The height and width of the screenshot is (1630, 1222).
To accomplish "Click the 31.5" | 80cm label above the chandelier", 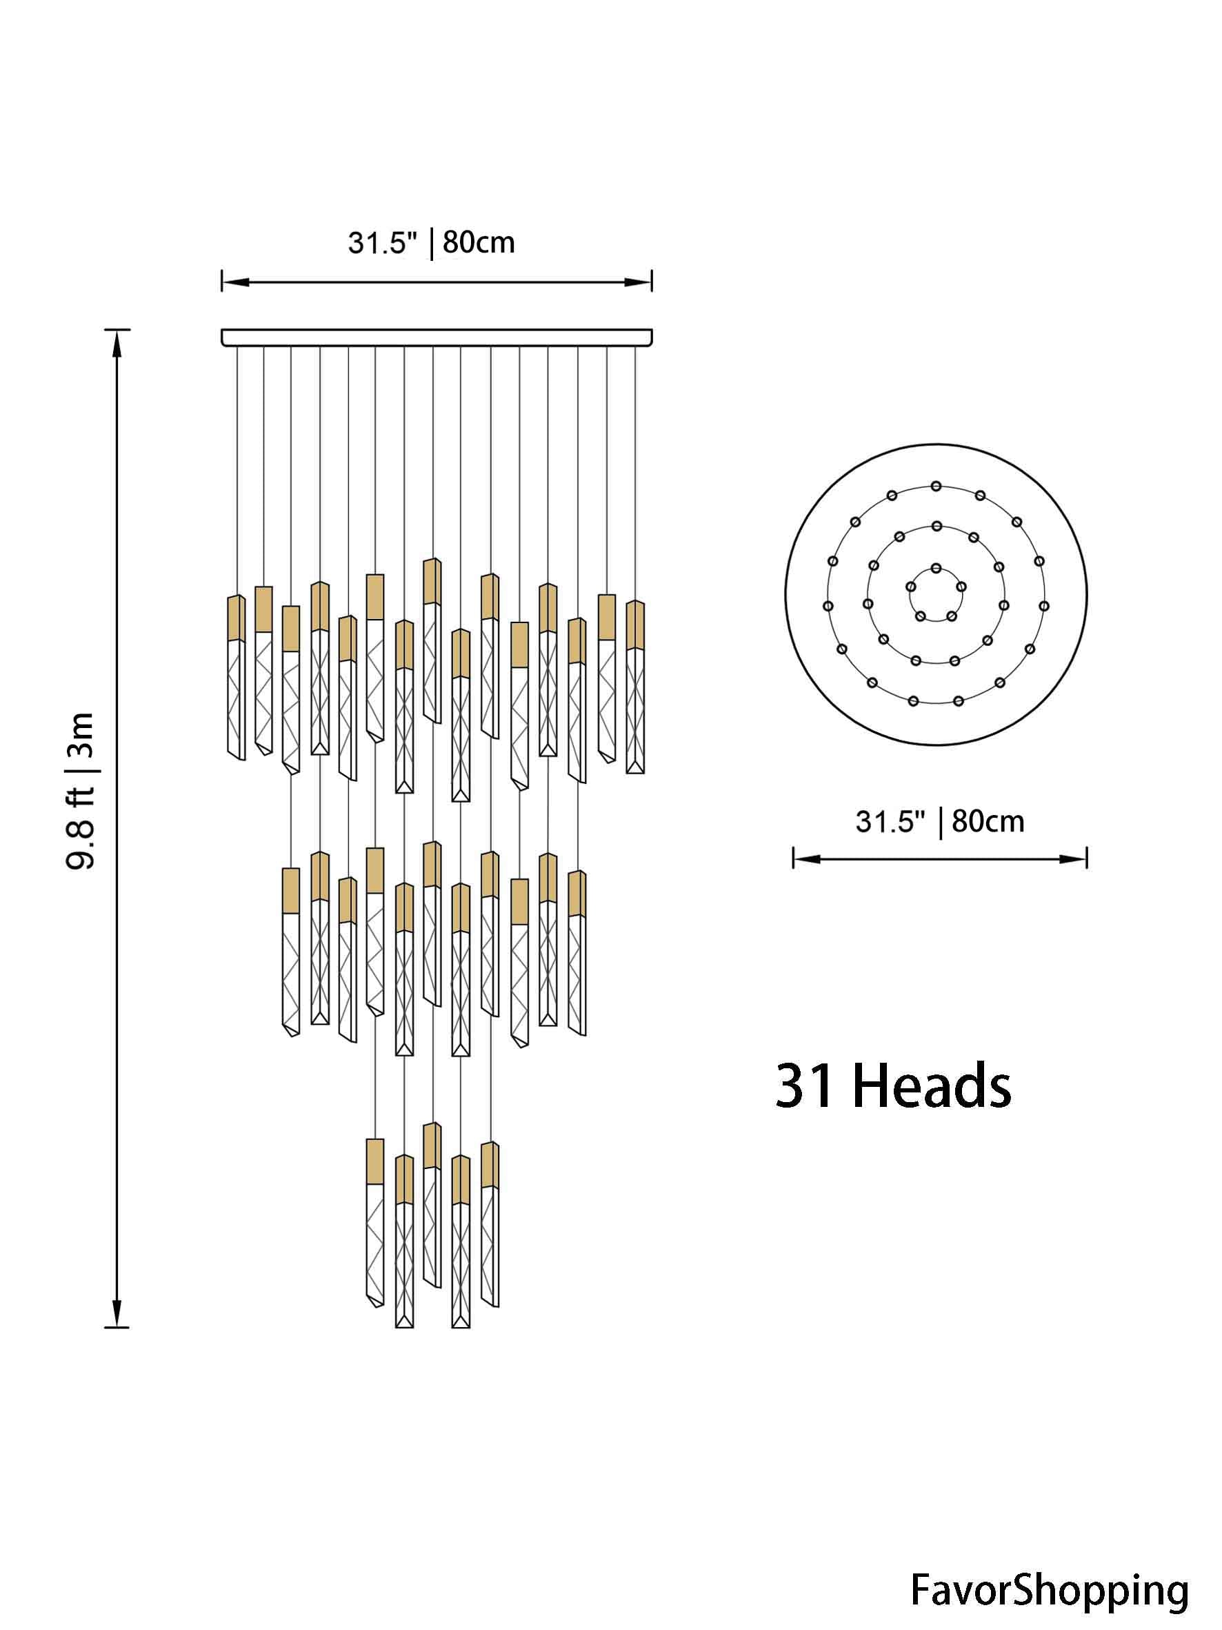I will pyautogui.click(x=431, y=242).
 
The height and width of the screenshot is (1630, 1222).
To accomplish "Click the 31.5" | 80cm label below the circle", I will pyautogui.click(x=939, y=821).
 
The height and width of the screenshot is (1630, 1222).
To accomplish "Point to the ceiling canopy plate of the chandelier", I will pyautogui.click(x=436, y=337).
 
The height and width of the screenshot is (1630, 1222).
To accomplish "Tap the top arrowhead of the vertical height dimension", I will pyautogui.click(x=117, y=341).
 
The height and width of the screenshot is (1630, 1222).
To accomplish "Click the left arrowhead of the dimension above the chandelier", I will pyautogui.click(x=233, y=282).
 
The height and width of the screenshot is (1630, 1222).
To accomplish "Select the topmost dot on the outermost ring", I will pyautogui.click(x=936, y=486).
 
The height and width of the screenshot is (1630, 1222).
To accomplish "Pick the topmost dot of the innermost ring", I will pyautogui.click(x=936, y=568).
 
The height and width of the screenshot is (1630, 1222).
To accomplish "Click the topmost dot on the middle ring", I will pyautogui.click(x=936, y=526).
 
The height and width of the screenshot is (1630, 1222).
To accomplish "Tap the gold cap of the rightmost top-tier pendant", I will pyautogui.click(x=635, y=625).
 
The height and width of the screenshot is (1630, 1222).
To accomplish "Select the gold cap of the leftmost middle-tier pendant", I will pyautogui.click(x=291, y=891).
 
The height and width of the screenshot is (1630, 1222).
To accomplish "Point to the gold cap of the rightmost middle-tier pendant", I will pyautogui.click(x=577, y=894).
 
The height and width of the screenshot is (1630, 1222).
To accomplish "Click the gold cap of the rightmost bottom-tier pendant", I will pyautogui.click(x=490, y=1164).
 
